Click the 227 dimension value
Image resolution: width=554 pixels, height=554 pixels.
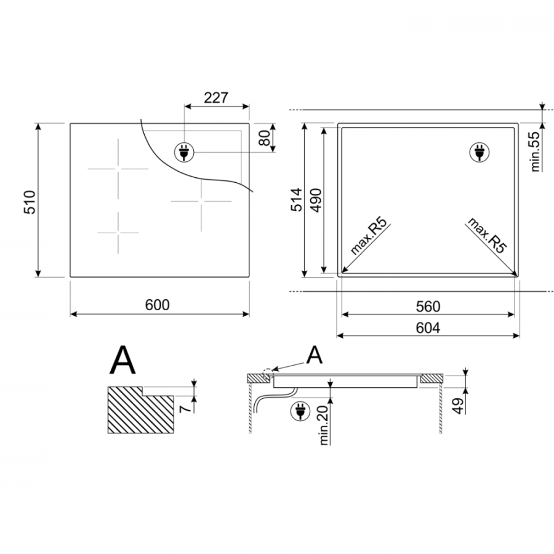(216, 97)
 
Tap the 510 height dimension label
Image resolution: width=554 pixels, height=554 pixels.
(30, 202)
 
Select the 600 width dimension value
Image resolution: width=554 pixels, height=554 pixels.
(157, 305)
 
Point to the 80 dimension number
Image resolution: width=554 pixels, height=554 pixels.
(264, 138)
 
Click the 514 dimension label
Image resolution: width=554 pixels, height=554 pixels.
(297, 200)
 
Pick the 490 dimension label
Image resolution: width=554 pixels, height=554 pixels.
(316, 200)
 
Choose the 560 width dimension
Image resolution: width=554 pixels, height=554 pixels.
(428, 307)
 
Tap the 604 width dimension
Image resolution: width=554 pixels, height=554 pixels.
(428, 328)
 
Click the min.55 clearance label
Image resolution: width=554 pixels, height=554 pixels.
(536, 151)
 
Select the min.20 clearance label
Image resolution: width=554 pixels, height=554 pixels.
(324, 425)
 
